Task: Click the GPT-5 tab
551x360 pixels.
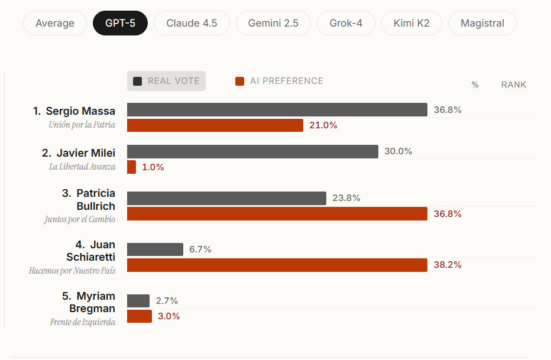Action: click(120, 24)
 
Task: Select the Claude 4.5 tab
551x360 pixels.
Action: click(192, 24)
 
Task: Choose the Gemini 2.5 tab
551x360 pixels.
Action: click(273, 24)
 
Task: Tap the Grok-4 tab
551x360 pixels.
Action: click(346, 24)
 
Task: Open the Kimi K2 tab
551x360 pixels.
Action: click(411, 24)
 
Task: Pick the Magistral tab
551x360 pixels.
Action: click(482, 24)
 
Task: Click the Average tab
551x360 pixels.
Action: click(55, 24)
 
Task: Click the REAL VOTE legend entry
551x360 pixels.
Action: click(166, 81)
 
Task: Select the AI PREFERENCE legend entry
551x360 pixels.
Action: click(279, 81)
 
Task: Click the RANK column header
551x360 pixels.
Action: click(513, 85)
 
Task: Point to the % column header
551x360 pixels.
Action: click(475, 85)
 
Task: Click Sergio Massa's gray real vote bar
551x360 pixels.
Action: click(277, 110)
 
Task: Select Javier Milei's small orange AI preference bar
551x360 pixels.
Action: click(131, 167)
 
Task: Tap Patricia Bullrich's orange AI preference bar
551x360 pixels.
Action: click(277, 214)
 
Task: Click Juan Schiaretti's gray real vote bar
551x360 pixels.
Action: click(155, 249)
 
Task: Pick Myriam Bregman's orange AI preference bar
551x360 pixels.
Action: click(140, 316)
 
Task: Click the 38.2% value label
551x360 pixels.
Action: click(448, 265)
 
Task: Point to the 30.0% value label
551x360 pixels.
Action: click(398, 151)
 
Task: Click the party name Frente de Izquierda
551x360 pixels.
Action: click(82, 322)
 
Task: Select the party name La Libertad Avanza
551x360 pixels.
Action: click(82, 167)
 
